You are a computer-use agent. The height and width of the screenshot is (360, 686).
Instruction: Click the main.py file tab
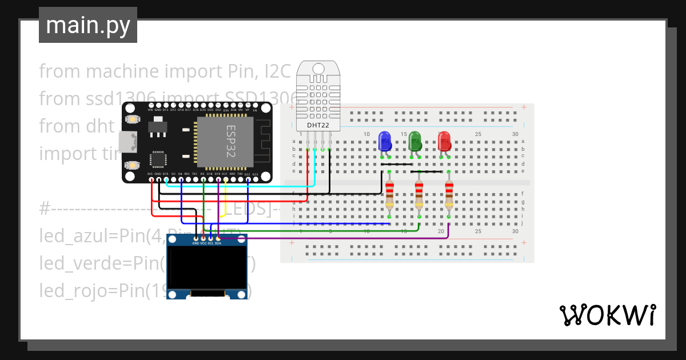pos(88,25)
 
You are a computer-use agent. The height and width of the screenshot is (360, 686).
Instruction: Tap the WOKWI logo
pos(607,315)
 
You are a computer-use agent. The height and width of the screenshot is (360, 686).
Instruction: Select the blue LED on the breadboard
pos(385,141)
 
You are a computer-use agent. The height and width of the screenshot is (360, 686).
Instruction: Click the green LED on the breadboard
pos(415,141)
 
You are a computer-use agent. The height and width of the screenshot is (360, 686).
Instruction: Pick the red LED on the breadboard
pos(445,141)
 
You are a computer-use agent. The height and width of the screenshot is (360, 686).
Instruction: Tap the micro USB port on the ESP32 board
pos(128,141)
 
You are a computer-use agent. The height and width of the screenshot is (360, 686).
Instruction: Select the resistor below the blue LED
pos(390,194)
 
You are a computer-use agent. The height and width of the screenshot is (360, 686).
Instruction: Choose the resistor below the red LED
pos(449,194)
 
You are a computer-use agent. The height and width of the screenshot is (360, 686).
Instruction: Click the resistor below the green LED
pos(419,194)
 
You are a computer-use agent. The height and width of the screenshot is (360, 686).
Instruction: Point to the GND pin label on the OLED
pos(196,243)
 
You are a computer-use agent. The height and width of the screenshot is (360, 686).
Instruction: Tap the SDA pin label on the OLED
pos(218,243)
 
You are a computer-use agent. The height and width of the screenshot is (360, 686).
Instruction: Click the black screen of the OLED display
pos(206,269)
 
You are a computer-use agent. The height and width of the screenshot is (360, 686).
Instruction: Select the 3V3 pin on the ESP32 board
pos(150,174)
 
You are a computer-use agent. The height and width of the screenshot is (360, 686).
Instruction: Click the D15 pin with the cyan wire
pos(165,174)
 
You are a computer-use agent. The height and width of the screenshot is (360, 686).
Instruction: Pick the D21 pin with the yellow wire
pos(225,174)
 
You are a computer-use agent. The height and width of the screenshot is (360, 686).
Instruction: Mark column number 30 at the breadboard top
pos(515,134)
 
